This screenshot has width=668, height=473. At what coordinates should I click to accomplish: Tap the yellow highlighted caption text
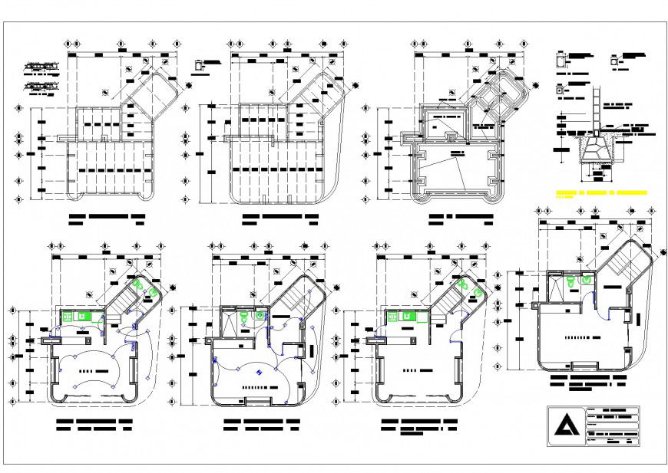tap(600, 192)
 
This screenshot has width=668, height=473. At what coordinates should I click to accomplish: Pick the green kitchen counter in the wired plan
tap(77, 315)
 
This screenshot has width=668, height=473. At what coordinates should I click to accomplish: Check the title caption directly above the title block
tap(587, 382)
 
